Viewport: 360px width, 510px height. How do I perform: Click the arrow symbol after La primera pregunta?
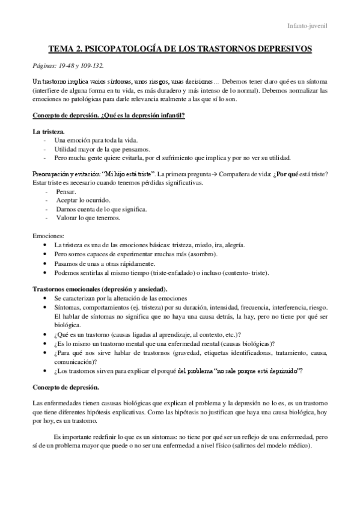coord(216,174)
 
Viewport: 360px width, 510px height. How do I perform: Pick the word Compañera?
coord(239,174)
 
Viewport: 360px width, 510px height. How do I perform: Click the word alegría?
coord(230,245)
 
